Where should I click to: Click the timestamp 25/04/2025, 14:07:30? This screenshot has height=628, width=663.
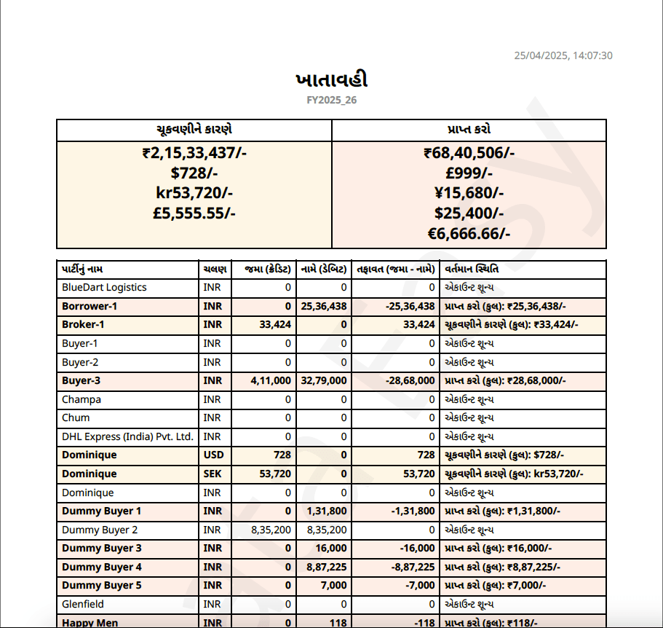[563, 55]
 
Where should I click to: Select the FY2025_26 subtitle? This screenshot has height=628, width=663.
[332, 100]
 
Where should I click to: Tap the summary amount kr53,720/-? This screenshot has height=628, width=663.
[195, 193]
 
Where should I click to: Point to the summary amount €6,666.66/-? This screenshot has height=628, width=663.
[469, 233]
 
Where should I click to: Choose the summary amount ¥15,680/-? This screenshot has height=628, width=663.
[469, 193]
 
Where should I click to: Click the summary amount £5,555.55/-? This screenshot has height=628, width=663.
[195, 213]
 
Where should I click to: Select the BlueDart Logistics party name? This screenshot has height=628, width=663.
[104, 287]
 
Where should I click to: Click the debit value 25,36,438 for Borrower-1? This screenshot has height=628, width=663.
[324, 306]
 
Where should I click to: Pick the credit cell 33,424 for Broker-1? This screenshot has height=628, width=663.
[275, 324]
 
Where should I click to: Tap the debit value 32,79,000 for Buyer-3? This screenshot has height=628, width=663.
[324, 380]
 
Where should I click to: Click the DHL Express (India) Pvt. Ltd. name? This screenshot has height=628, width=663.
[127, 436]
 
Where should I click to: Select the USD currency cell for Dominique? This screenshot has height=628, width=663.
[213, 455]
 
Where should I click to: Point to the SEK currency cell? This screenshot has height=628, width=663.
[212, 474]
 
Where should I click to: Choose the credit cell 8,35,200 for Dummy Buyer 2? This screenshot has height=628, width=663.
[271, 530]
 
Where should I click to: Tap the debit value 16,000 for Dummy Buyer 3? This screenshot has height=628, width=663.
[332, 548]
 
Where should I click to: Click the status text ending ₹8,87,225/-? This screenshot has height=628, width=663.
[502, 567]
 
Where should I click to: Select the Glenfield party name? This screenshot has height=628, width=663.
[83, 604]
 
